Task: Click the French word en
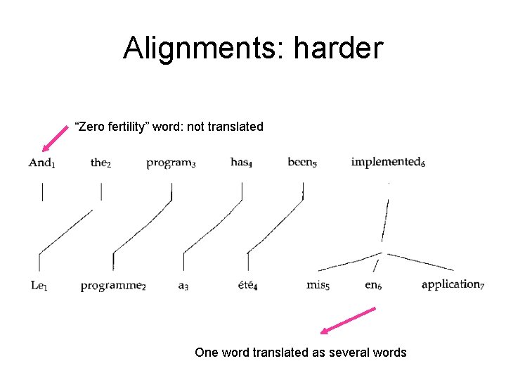[372, 285]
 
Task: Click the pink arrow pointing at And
[57, 137]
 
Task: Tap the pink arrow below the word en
[348, 320]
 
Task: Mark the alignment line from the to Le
[65, 232]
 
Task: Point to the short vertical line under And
[42, 192]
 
